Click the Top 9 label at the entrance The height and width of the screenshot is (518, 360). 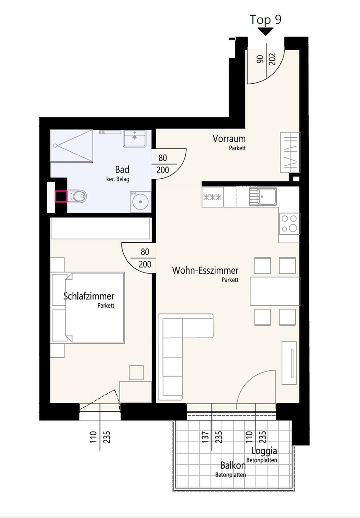point(265,19)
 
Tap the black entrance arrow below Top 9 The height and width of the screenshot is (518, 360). point(266,32)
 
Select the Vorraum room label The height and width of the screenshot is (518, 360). point(229,138)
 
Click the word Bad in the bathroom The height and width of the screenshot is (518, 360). point(122,170)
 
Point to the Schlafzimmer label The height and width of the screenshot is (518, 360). point(89,296)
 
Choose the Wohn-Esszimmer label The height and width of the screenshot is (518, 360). point(205,271)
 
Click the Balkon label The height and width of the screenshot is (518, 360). point(233,465)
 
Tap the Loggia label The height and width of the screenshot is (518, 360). point(264,450)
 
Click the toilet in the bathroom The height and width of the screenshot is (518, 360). point(77,197)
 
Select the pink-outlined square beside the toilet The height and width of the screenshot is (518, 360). point(61,196)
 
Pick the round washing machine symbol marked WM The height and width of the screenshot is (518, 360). point(140,201)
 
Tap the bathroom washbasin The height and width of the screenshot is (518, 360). point(135,138)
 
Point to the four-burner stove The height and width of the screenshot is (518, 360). point(289,223)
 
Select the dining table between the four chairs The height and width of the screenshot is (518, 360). point(275,291)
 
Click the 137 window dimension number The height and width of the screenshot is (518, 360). point(205,437)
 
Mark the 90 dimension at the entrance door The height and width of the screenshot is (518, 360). point(261,59)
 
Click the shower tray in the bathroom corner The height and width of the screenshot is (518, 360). point(72,145)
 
